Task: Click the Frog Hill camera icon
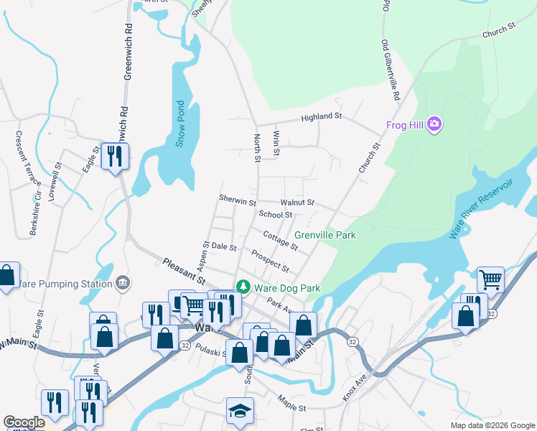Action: pyautogui.click(x=434, y=125)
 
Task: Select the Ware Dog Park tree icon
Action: pyautogui.click(x=243, y=287)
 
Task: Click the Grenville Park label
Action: pyautogui.click(x=324, y=235)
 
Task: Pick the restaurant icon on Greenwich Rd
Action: pyautogui.click(x=115, y=155)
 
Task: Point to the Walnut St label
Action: pyautogui.click(x=297, y=203)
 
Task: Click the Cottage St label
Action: pyautogui.click(x=280, y=241)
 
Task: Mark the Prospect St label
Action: pyautogui.click(x=270, y=261)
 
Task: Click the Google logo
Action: pyautogui.click(x=24, y=422)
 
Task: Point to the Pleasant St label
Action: pyautogui.click(x=184, y=272)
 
